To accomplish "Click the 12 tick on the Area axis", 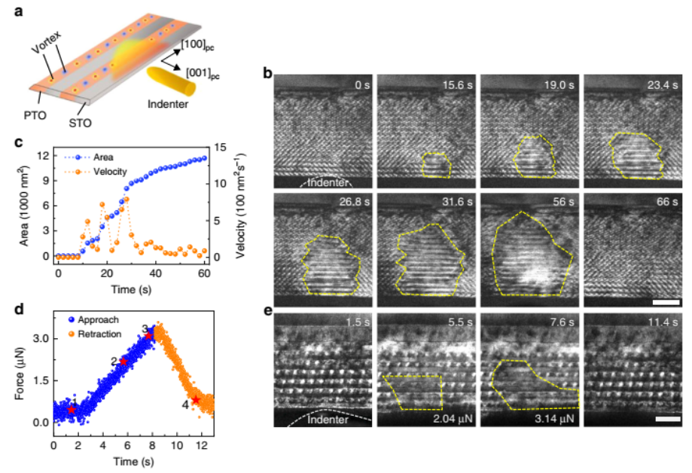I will (x=44, y=156).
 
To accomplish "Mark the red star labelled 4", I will (x=196, y=400).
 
